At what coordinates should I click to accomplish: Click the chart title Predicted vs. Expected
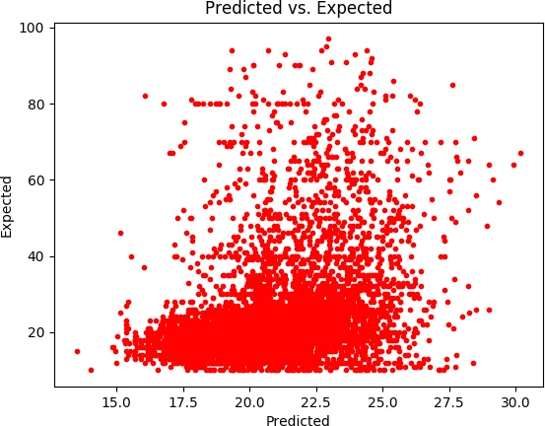(298, 9)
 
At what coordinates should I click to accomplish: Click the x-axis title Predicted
(298, 419)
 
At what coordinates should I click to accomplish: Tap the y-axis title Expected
(8, 206)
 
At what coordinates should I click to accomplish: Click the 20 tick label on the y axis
(35, 332)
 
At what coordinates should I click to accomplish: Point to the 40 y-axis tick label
(35, 256)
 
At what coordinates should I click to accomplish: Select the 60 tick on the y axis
(35, 180)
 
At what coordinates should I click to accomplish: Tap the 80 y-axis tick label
(35, 104)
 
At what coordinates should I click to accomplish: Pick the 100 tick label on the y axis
(33, 28)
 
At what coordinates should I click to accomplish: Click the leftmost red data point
(77, 351)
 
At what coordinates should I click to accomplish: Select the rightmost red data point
(520, 154)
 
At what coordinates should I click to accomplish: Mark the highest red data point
(328, 39)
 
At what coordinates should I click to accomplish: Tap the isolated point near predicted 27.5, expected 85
(452, 85)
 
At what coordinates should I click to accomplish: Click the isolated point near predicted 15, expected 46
(120, 234)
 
